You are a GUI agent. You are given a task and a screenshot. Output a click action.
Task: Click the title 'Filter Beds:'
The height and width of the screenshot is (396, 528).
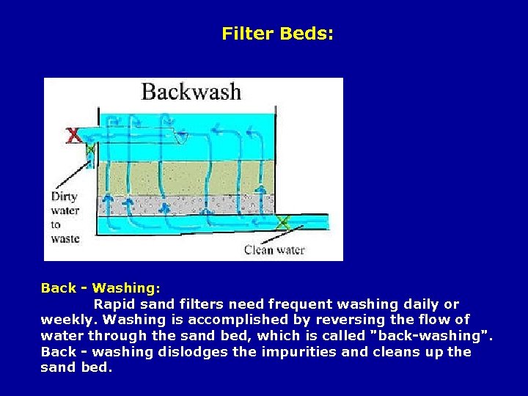pyautogui.click(x=277, y=34)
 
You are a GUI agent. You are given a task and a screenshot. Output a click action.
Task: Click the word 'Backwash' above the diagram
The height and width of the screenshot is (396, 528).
pyautogui.click(x=191, y=92)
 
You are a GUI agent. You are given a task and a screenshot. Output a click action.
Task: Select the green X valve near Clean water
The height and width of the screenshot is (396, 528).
pyautogui.click(x=282, y=221)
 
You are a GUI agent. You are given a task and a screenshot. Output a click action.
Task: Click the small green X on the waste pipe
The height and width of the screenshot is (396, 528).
pyautogui.click(x=90, y=150)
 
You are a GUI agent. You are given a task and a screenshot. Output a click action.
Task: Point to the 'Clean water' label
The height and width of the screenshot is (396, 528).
pyautogui.click(x=274, y=250)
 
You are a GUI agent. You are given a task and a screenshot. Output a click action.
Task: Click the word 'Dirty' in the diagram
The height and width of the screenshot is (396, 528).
pyautogui.click(x=65, y=197)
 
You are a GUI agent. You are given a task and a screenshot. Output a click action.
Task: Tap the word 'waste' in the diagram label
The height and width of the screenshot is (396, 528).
pyautogui.click(x=65, y=238)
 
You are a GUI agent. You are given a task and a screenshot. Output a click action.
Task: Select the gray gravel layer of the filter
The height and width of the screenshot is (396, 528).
pyautogui.click(x=183, y=204)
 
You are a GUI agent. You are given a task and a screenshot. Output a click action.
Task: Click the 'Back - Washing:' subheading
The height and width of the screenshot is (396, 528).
pyautogui.click(x=100, y=288)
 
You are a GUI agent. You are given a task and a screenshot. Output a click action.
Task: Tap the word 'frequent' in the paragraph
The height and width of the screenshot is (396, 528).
pyautogui.click(x=318, y=304)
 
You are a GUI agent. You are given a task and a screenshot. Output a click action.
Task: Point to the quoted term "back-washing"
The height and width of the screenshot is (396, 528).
pyautogui.click(x=431, y=337)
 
